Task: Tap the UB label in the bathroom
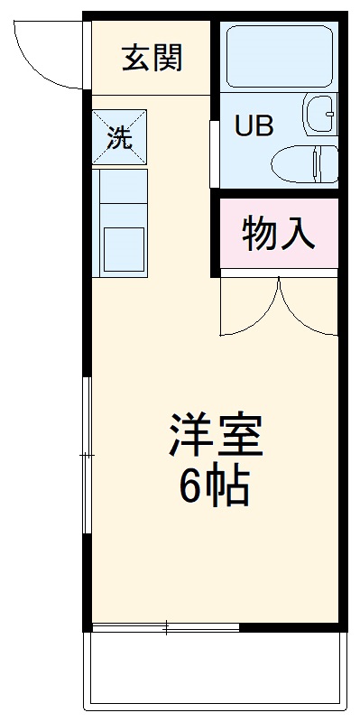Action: click(x=254, y=126)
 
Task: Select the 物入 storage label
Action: click(x=279, y=235)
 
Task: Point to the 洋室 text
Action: click(x=214, y=438)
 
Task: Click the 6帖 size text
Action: click(x=214, y=488)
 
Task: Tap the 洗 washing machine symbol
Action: click(x=118, y=137)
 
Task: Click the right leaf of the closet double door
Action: click(x=309, y=307)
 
